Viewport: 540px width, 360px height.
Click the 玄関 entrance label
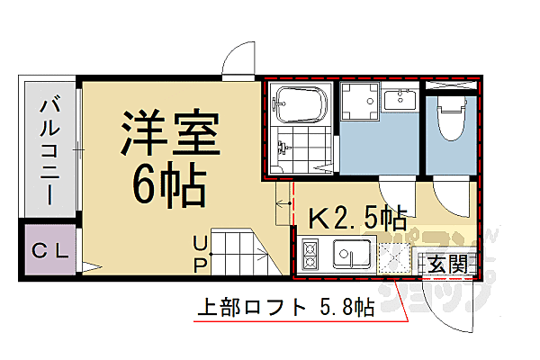[x=446, y=264]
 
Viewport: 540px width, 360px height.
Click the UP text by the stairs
[x=200, y=252]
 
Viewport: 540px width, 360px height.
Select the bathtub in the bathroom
[x=304, y=105]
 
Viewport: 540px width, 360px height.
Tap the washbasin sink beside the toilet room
[x=397, y=100]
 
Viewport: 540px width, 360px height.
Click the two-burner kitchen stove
[x=310, y=256]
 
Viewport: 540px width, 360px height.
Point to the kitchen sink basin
[x=352, y=256]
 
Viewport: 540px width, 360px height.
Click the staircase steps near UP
[x=243, y=252]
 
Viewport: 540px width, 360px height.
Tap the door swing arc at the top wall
[x=241, y=61]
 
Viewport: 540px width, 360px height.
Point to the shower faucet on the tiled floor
[x=286, y=148]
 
